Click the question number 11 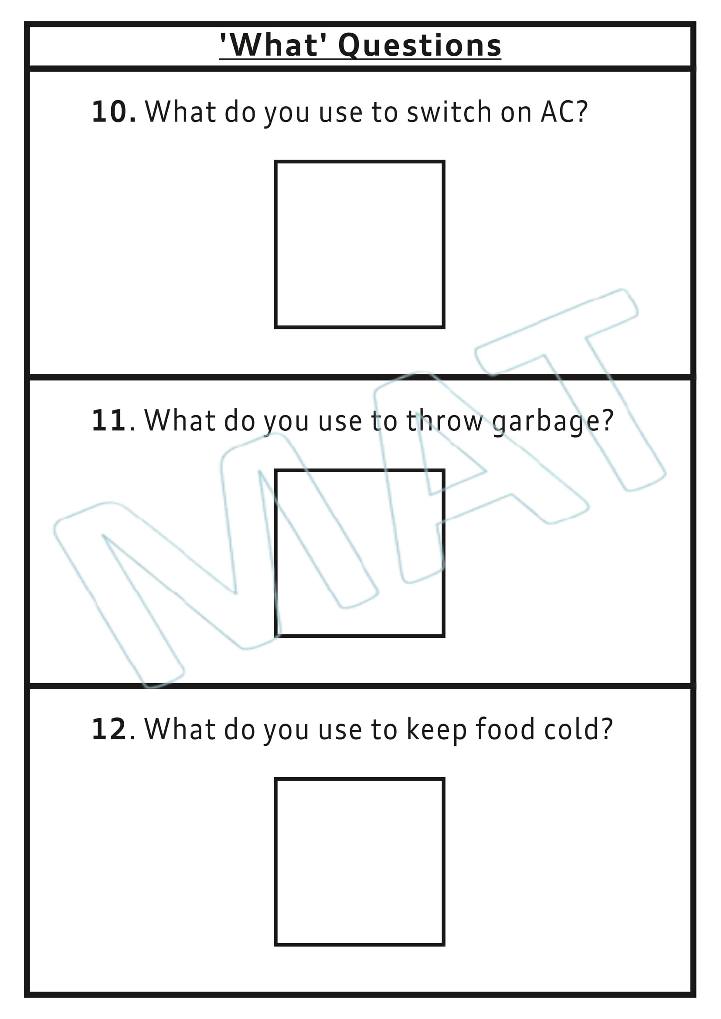[x=109, y=420]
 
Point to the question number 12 [x=109, y=729]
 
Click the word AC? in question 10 [x=564, y=112]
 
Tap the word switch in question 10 [x=449, y=112]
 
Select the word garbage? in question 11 [x=553, y=420]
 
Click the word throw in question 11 [x=444, y=420]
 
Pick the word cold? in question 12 [x=578, y=729]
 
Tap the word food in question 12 [x=505, y=729]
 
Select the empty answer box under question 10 [x=359, y=244]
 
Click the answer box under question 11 [x=359, y=553]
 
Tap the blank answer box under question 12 [x=359, y=861]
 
